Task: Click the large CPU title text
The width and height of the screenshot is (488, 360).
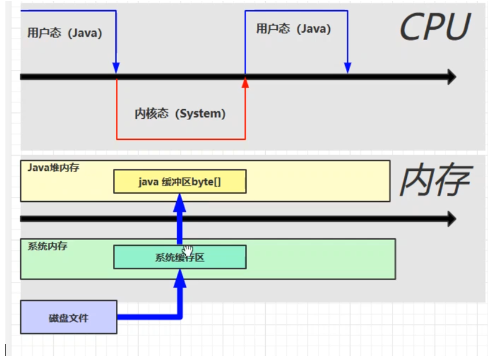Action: pyautogui.click(x=435, y=27)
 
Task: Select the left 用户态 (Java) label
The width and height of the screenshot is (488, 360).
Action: pyautogui.click(x=65, y=33)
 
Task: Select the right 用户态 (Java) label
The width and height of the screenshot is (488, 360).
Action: pyautogui.click(x=293, y=29)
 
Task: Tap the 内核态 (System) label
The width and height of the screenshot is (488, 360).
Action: pyautogui.click(x=180, y=113)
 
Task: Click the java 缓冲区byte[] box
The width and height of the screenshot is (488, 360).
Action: pyautogui.click(x=180, y=182)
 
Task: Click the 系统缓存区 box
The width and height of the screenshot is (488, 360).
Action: pyautogui.click(x=180, y=257)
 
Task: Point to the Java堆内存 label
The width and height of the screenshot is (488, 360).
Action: pyautogui.click(x=54, y=168)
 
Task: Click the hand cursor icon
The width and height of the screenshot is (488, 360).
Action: pyautogui.click(x=188, y=250)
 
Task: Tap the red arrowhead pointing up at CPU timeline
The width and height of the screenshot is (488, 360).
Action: pyautogui.click(x=245, y=83)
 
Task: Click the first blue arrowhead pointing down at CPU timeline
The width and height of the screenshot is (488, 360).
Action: pyautogui.click(x=116, y=68)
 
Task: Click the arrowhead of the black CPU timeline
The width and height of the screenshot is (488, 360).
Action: pyautogui.click(x=451, y=76)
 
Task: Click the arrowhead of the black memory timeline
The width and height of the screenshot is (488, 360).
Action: pyautogui.click(x=451, y=219)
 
